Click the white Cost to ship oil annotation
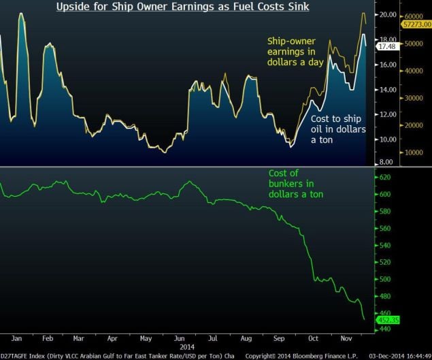coord(337,129)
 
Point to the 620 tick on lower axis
coord(386,178)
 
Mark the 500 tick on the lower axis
coord(386,279)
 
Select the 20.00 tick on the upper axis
coord(388,14)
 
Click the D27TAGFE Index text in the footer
coord(24,355)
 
